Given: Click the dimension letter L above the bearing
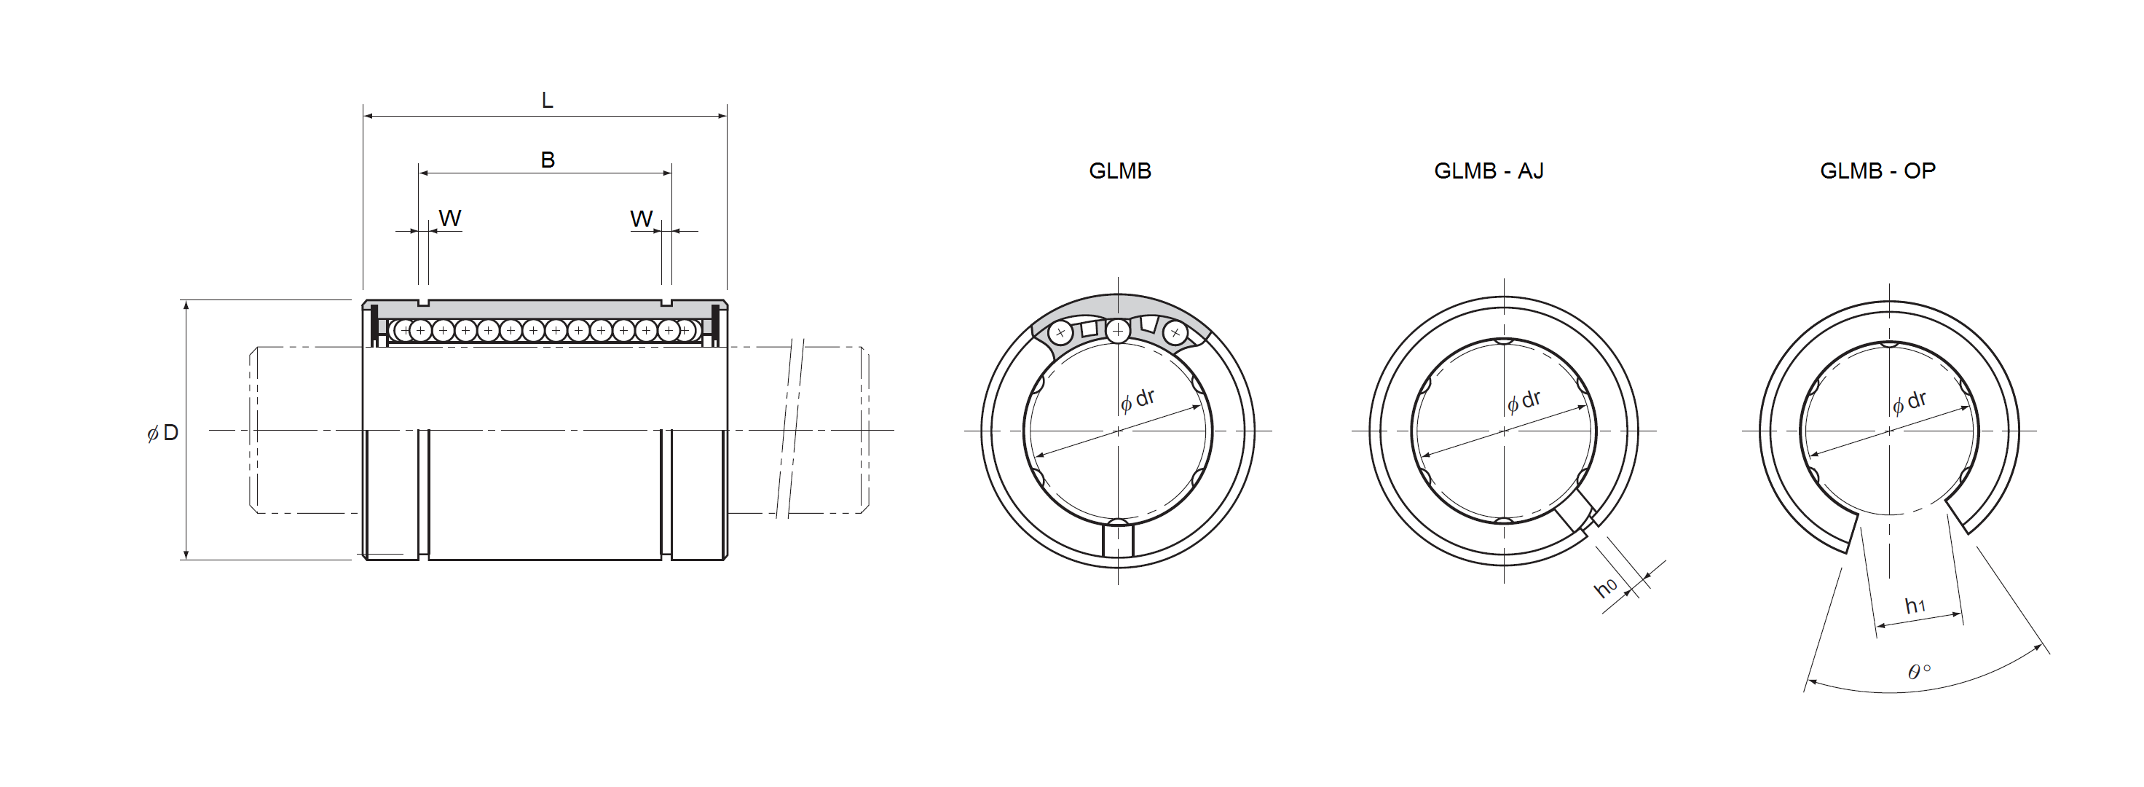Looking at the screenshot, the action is click(x=547, y=101).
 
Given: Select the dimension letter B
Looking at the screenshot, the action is click(x=548, y=160).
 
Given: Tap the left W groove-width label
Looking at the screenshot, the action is click(x=449, y=218).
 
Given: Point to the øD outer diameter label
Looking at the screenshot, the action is click(x=163, y=433).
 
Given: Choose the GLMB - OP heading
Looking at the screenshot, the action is click(x=1877, y=171).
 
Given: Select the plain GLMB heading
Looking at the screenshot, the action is click(x=1119, y=171).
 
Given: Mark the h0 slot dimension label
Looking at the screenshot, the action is click(x=1606, y=587).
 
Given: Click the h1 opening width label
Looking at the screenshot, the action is click(x=1915, y=606).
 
